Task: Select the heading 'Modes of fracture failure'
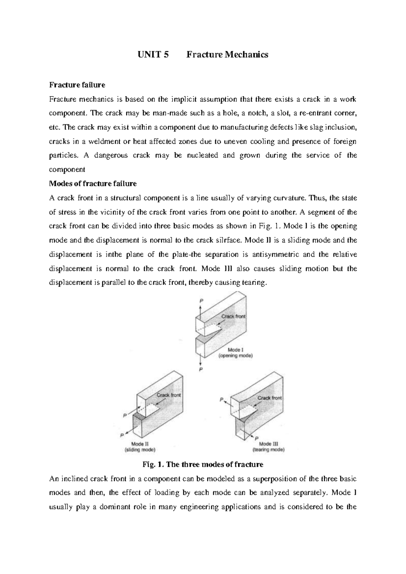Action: coord(93,184)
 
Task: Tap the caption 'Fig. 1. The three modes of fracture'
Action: coord(203,464)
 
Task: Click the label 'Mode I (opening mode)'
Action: coord(235,353)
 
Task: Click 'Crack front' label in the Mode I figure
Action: coord(233,316)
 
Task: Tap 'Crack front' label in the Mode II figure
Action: coord(168,395)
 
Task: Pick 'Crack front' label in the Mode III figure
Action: coord(269,398)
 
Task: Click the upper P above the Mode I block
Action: coord(202,300)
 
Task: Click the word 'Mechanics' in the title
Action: coord(248,54)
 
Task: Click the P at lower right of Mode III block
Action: coord(256,437)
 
